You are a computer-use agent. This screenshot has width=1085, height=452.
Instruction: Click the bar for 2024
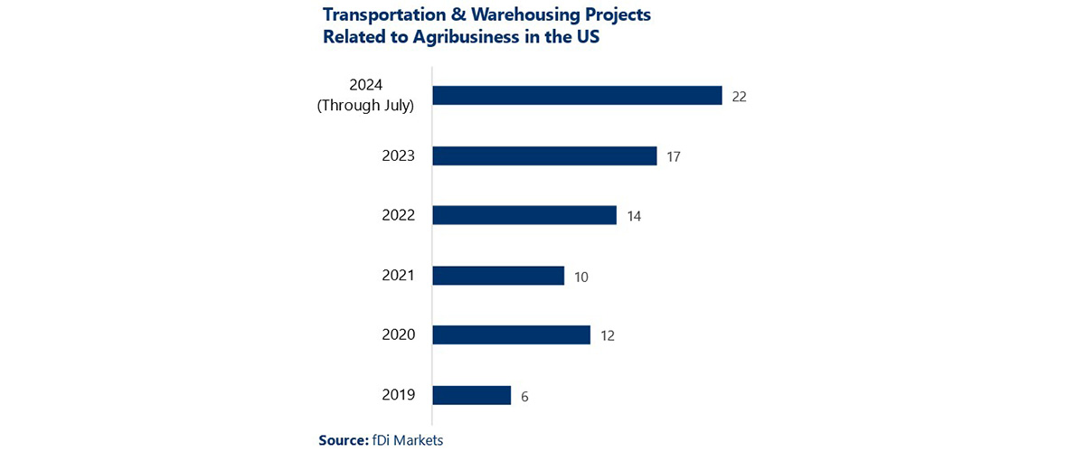point(577,96)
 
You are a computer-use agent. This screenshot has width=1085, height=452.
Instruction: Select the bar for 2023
point(544,155)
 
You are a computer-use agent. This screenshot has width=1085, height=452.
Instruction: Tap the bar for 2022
point(524,215)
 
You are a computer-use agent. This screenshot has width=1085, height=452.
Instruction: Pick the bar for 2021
point(498,276)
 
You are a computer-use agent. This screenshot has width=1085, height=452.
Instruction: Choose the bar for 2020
point(511,335)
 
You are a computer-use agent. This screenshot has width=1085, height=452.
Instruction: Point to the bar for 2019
point(472,395)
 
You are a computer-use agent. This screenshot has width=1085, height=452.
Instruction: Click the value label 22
point(739,97)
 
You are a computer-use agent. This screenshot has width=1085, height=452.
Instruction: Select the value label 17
point(673,156)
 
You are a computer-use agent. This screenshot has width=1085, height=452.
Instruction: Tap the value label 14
point(633,216)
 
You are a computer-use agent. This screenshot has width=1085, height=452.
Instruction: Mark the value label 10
point(581,277)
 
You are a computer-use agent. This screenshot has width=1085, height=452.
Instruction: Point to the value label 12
point(608,336)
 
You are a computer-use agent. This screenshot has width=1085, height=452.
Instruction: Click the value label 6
point(524,396)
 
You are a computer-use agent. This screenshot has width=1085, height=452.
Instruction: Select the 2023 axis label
point(398,155)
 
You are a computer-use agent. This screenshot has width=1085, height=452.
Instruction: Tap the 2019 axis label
point(398,395)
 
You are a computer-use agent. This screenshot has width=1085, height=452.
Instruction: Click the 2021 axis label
point(398,275)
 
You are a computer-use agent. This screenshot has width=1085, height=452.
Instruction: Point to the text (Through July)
point(365,106)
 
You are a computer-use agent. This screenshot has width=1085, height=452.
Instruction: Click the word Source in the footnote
point(343,440)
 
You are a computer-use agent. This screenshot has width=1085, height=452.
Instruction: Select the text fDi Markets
point(408,440)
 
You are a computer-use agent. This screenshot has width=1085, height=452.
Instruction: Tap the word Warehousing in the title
point(496,16)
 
